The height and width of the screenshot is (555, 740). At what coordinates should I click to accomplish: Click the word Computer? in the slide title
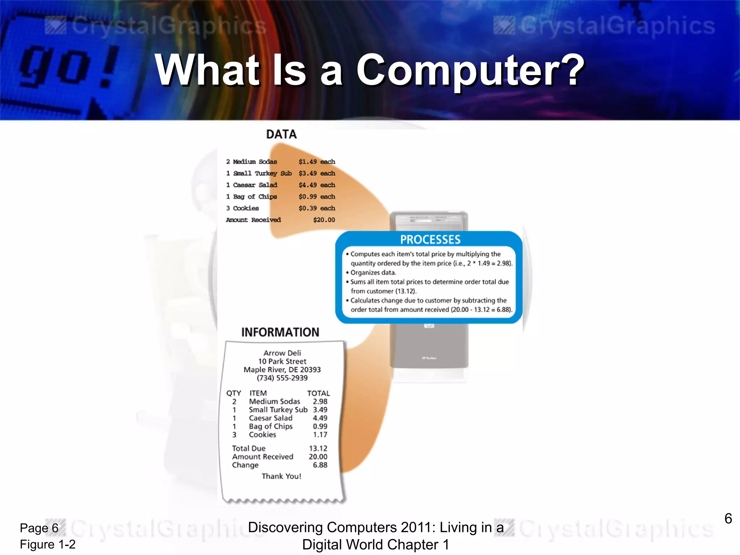470,70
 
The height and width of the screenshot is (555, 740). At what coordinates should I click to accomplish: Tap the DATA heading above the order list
281,134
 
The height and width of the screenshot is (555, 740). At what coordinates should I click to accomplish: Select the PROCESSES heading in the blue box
430,240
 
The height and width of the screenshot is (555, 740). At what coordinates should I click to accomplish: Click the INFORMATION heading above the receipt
280,332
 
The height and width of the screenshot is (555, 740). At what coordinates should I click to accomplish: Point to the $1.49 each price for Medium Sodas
317,162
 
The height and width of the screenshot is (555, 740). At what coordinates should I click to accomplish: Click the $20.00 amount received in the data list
324,220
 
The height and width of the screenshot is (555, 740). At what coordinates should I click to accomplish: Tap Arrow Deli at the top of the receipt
282,353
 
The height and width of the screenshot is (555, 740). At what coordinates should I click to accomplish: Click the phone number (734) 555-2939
282,378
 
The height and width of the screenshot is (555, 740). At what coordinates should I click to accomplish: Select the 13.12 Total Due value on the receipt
318,448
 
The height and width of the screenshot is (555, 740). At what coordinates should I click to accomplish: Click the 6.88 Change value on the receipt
320,465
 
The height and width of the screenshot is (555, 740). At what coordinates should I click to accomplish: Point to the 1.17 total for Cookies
320,435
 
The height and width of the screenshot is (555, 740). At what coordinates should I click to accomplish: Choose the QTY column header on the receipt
233,393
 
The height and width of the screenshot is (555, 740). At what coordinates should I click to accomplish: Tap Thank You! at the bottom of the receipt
281,476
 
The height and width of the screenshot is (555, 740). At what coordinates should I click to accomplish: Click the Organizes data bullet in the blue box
373,273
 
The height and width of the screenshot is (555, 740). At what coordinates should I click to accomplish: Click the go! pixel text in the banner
69,67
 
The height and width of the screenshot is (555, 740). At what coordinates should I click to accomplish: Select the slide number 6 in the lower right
728,519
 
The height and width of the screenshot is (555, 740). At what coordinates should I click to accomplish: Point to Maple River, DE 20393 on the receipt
282,370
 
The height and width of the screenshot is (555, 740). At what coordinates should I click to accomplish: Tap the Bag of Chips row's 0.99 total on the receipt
320,426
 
